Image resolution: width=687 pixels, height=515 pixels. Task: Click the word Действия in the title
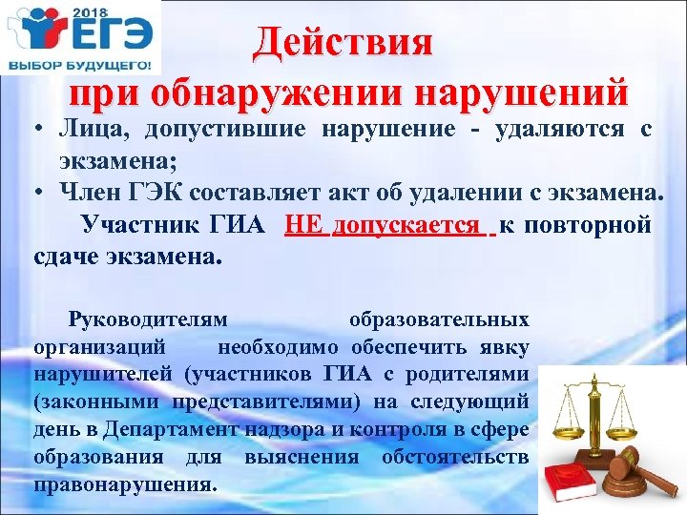point(343,43)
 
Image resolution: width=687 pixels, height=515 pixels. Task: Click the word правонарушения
point(125,483)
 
